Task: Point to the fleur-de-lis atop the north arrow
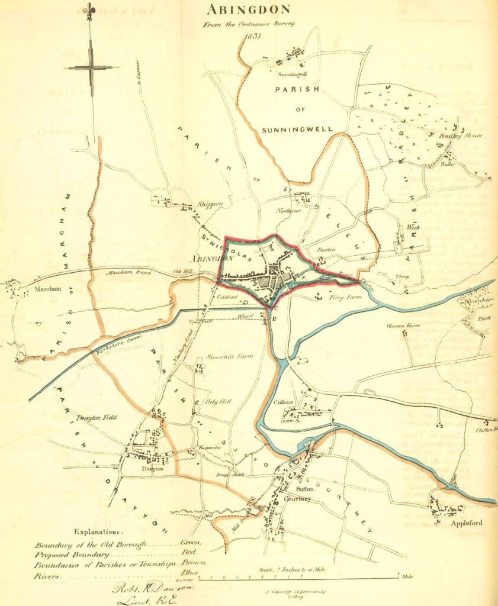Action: point(91,10)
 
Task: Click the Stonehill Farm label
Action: point(229,357)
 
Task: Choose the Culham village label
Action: point(284,402)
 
